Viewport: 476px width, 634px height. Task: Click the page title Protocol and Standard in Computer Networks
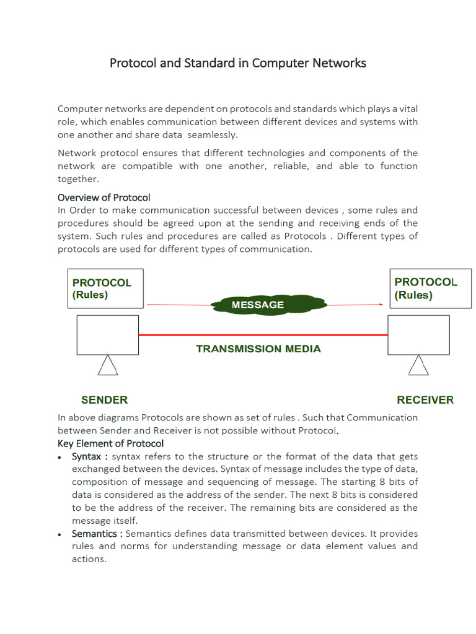tap(238, 63)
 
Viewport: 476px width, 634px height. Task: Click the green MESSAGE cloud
tap(268, 305)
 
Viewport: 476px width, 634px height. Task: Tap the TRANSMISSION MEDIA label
tap(258, 349)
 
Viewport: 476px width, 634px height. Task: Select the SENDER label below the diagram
tap(105, 400)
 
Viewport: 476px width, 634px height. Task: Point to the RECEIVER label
tap(425, 400)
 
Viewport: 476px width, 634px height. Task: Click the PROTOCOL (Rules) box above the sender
tap(105, 289)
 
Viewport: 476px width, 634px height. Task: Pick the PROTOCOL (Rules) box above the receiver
tap(430, 289)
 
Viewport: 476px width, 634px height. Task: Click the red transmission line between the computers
tap(263, 335)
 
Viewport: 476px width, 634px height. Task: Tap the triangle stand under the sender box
tap(108, 366)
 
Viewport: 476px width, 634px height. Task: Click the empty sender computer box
tap(107, 335)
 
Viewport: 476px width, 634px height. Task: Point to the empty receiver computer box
tap(418, 335)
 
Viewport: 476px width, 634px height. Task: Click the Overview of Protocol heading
tap(104, 198)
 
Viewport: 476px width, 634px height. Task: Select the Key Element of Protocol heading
tap(111, 443)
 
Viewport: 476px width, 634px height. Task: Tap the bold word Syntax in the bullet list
tap(86, 456)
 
